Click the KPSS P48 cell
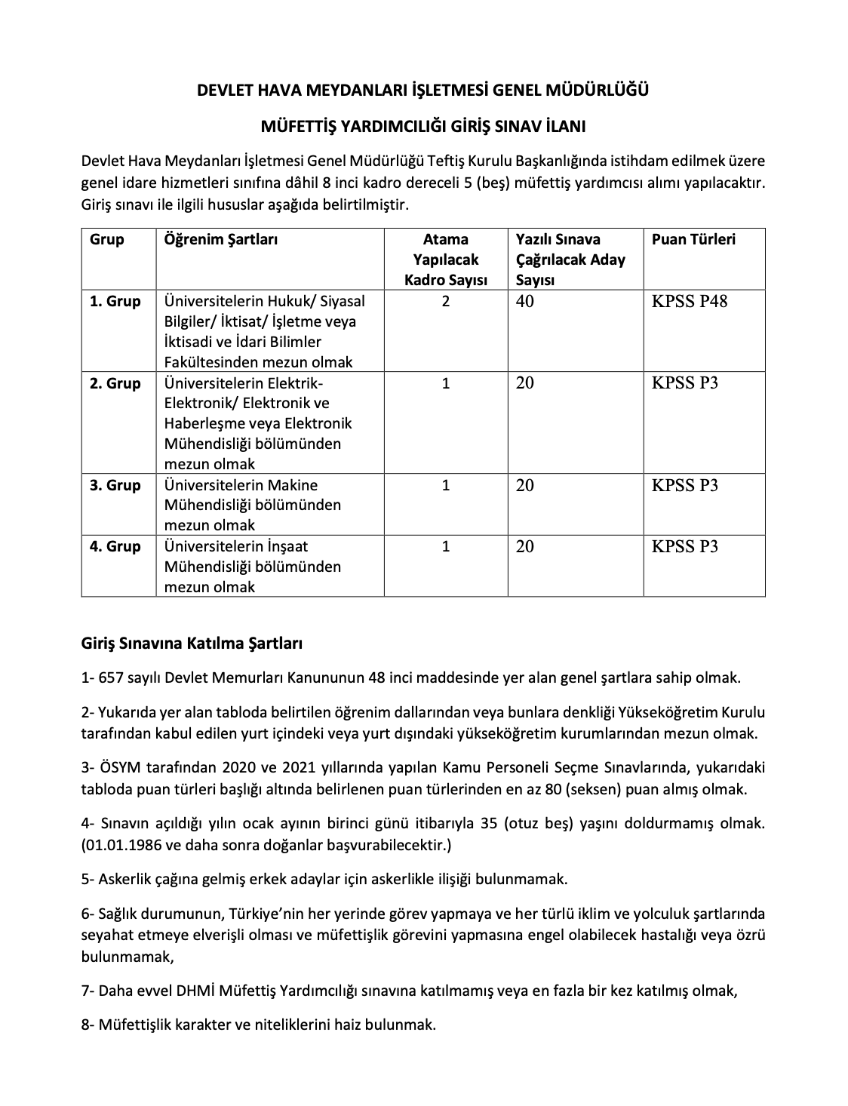pyautogui.click(x=690, y=302)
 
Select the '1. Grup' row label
pyautogui.click(x=115, y=302)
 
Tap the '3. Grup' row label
pyautogui.click(x=115, y=485)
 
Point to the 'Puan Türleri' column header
pyautogui.click(x=693, y=240)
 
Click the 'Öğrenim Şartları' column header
pyautogui.click(x=221, y=240)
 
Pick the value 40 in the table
pyautogui.click(x=525, y=302)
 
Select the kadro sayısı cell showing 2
pyautogui.click(x=446, y=302)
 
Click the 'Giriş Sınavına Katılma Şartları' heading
pyautogui.click(x=192, y=644)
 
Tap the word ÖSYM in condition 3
pyautogui.click(x=117, y=767)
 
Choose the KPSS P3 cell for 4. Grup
pyautogui.click(x=685, y=547)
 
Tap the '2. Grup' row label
pyautogui.click(x=115, y=383)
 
